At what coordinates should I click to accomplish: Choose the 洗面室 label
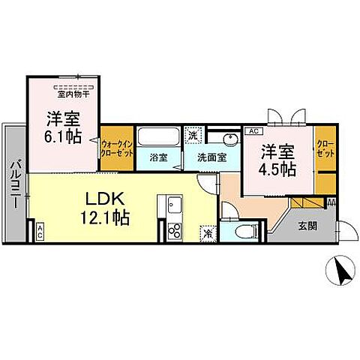(211, 158)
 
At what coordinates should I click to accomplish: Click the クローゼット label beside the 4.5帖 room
(325, 147)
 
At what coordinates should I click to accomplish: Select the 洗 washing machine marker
(193, 136)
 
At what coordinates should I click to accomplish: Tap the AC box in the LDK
(39, 232)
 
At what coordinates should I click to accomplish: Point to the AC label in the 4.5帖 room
(250, 130)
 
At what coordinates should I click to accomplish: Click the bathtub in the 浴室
(158, 139)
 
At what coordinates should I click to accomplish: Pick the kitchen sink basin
(174, 205)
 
